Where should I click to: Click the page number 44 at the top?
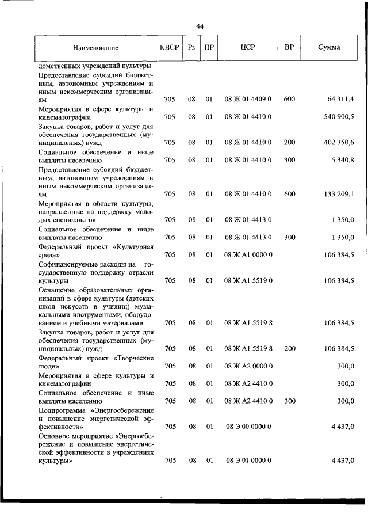click(200, 26)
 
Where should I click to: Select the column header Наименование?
click(95, 48)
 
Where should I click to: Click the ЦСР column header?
click(248, 48)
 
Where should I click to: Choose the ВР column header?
click(289, 48)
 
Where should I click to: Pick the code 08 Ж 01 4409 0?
click(248, 100)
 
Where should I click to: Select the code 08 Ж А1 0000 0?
click(248, 254)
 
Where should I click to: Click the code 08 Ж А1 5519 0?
click(248, 280)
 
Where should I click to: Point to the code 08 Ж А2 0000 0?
click(248, 366)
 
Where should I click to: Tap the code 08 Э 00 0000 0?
click(248, 427)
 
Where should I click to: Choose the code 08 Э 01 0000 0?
click(248, 461)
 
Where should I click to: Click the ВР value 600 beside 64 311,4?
click(289, 100)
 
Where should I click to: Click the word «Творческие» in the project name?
click(133, 358)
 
